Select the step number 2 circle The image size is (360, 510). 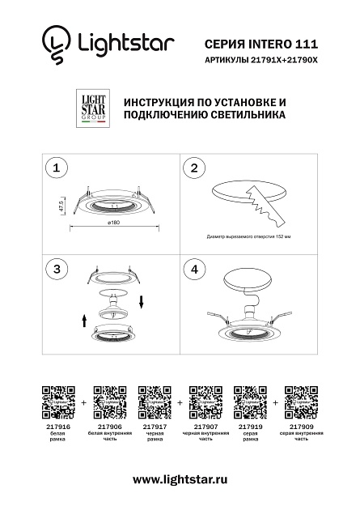click(193, 168)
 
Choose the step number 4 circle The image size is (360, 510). click(193, 268)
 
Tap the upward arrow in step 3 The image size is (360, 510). click(84, 321)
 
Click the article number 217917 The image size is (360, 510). click(154, 426)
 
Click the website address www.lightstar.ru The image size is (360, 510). click(180, 480)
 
